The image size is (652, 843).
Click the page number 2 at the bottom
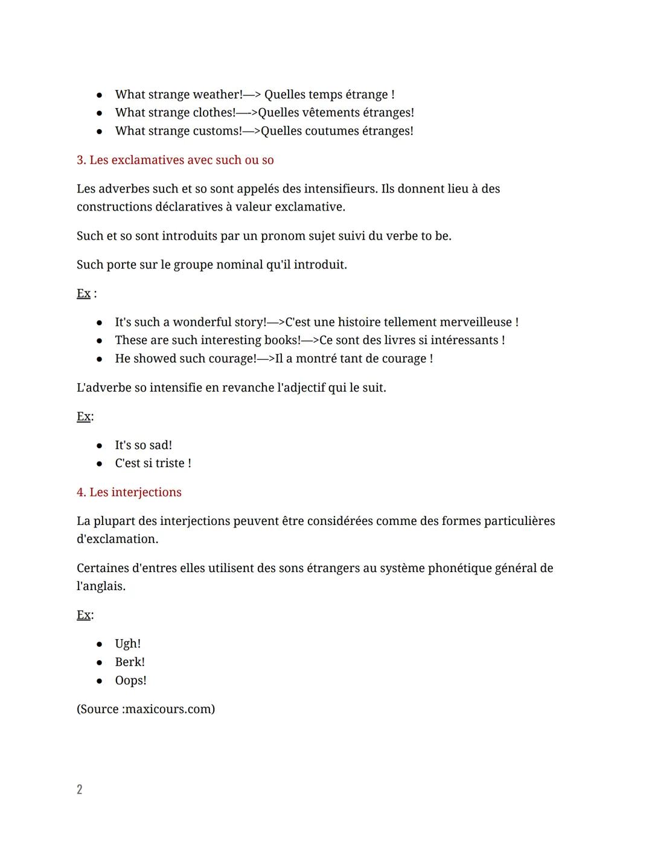pyautogui.click(x=79, y=789)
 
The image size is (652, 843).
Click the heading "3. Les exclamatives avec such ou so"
pyautogui.click(x=175, y=160)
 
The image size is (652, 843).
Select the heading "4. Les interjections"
pyautogui.click(x=129, y=492)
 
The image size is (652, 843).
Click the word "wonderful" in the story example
pyautogui.click(x=201, y=322)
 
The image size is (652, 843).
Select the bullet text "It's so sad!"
pyautogui.click(x=143, y=445)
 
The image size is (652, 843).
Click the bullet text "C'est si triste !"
pyautogui.click(x=153, y=463)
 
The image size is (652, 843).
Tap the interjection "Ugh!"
pyautogui.click(x=127, y=644)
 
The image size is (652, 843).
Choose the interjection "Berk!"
pyautogui.click(x=130, y=662)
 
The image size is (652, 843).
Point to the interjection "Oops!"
pyautogui.click(x=130, y=680)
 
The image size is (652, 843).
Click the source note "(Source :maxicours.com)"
pyautogui.click(x=145, y=709)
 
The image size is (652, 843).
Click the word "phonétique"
pyautogui.click(x=459, y=568)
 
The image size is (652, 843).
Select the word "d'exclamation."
pyautogui.click(x=117, y=539)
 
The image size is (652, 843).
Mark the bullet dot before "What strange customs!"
pyautogui.click(x=99, y=132)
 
